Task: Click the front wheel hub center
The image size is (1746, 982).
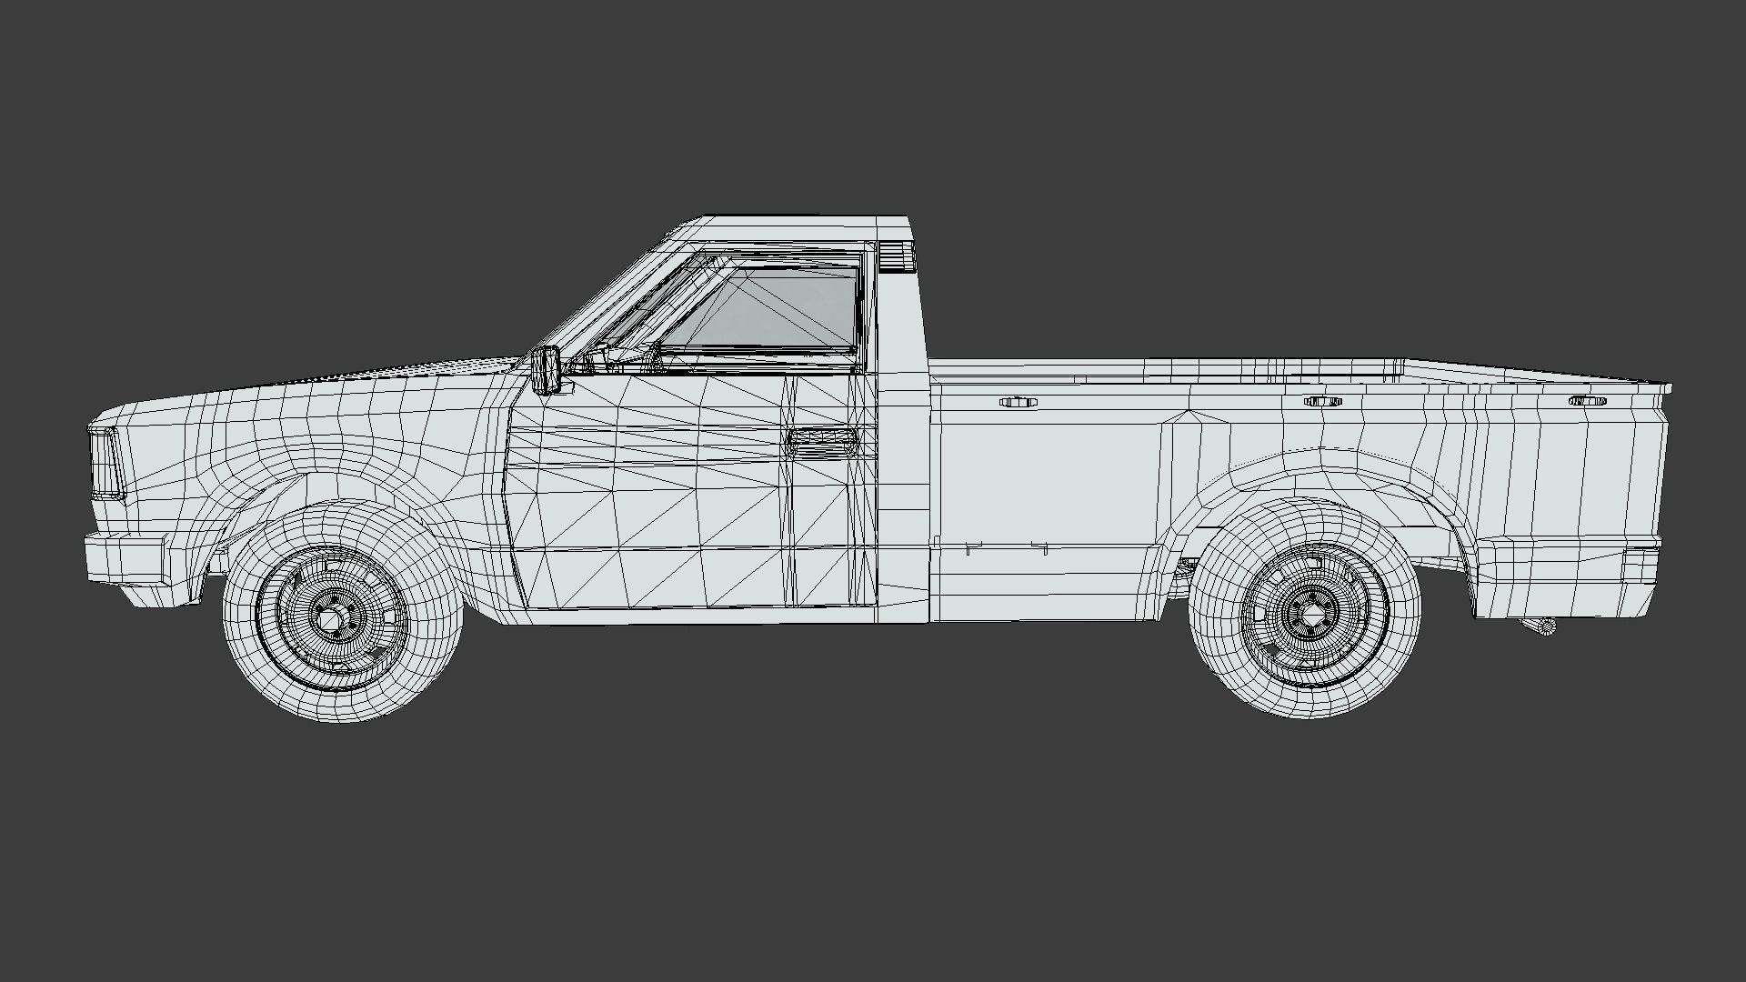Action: [x=331, y=619]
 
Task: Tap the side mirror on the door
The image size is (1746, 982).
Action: [x=548, y=369]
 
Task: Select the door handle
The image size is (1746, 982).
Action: [x=822, y=442]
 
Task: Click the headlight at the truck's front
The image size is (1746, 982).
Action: [x=106, y=463]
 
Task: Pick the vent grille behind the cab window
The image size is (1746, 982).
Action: [x=896, y=256]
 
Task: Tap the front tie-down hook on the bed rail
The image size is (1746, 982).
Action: [x=1018, y=402]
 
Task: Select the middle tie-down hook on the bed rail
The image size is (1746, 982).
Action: [x=1323, y=401]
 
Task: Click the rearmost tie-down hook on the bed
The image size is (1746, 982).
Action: [x=1587, y=401]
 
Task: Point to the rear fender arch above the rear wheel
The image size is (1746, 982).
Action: [x=1309, y=473]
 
